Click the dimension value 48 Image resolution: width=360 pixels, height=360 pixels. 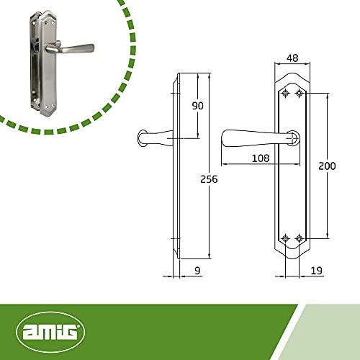292,58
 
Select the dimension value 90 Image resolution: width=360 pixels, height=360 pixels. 198,106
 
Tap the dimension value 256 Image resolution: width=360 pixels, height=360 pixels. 209,179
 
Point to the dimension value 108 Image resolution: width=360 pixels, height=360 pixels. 261,158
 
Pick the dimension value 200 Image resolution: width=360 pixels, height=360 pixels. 327,166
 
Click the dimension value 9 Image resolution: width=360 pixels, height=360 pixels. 197,271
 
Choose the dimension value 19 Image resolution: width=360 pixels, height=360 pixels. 317,271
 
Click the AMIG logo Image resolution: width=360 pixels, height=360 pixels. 50,332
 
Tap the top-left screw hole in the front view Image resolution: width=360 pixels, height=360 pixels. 285,93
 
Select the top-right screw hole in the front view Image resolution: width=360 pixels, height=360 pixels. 299,93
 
